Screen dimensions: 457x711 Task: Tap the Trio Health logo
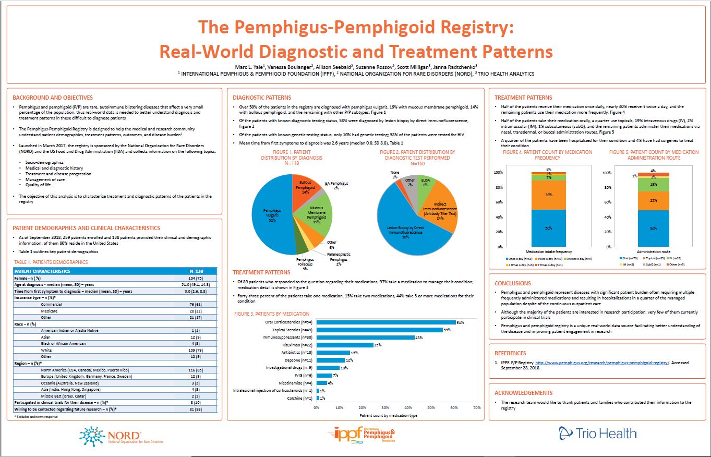tap(597, 433)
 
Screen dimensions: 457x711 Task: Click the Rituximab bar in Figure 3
tap(345, 345)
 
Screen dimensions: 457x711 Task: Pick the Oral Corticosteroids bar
tap(386, 322)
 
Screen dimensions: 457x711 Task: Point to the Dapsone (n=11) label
tap(300, 360)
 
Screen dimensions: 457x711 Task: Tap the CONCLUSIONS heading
tap(513, 283)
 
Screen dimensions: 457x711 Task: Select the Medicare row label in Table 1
tap(49, 310)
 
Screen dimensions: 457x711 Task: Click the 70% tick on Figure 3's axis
tap(477, 407)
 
